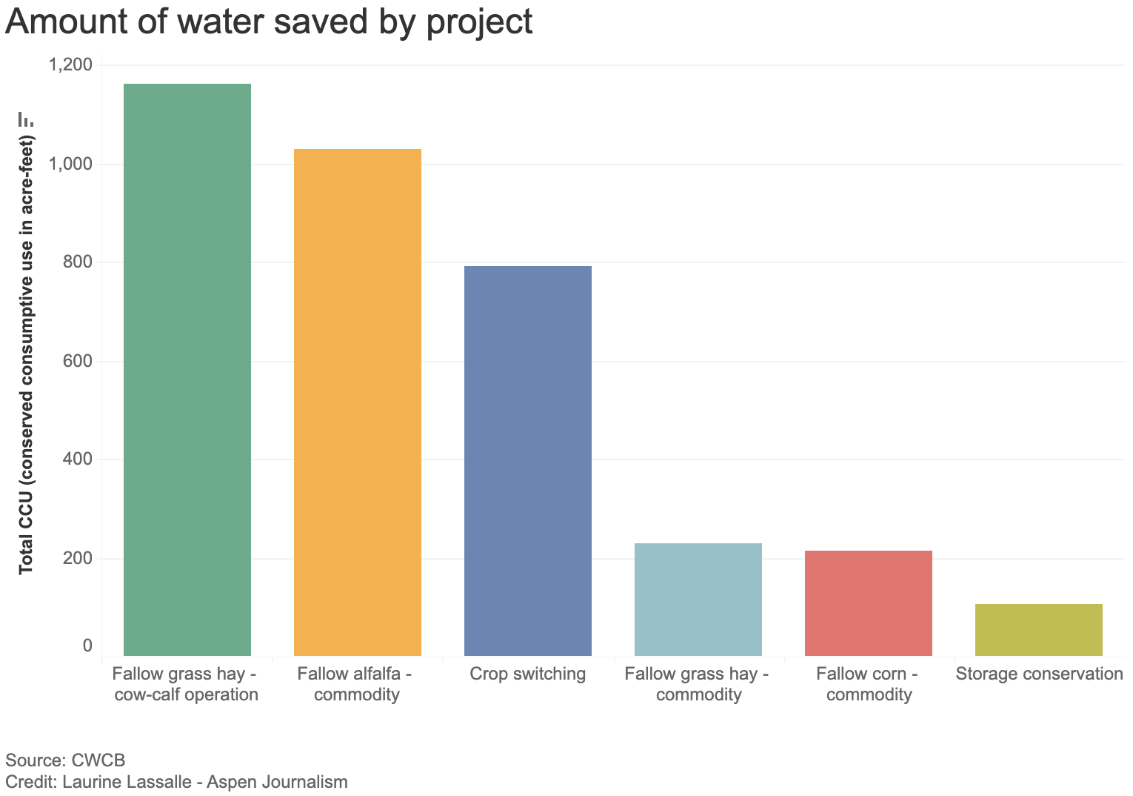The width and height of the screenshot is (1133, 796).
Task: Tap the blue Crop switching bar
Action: point(527,460)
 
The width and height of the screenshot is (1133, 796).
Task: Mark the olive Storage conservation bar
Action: point(1038,629)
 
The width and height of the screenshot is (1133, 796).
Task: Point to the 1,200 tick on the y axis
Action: point(70,65)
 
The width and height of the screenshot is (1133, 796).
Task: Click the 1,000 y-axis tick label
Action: point(70,165)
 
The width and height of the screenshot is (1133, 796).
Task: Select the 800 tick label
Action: point(77,262)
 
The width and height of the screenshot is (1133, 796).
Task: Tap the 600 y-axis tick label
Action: point(77,362)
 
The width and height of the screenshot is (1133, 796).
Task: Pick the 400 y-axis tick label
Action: point(77,460)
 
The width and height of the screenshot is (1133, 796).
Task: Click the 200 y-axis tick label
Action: point(77,558)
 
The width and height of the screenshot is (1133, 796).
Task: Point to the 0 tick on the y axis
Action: point(87,646)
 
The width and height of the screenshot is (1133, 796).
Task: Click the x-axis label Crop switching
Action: point(527,674)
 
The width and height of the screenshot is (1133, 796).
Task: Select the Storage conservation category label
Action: point(1039,674)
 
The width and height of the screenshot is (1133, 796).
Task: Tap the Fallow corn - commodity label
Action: point(868,684)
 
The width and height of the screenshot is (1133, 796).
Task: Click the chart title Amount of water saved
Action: point(269,22)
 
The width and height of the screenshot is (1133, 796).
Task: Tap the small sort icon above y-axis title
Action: point(26,119)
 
